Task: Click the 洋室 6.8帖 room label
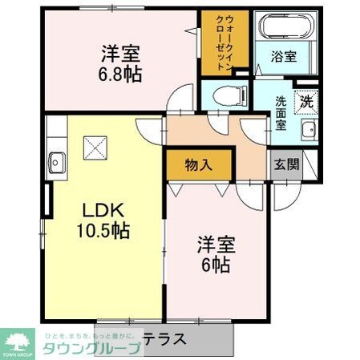pos(120,63)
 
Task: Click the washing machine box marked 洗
pos(306,102)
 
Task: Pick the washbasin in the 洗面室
pos(308,131)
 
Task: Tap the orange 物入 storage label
pos(198,165)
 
